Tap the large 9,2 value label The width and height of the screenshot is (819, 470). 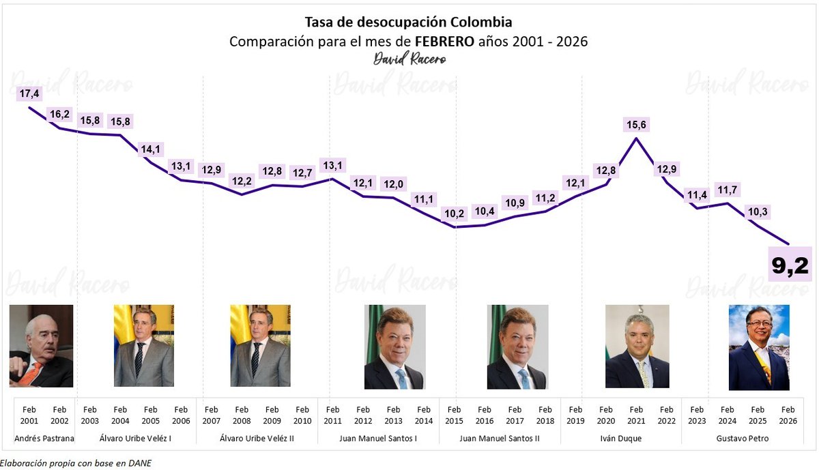790,265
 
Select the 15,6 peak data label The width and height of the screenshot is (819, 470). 636,125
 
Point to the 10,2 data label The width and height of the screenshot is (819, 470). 454,213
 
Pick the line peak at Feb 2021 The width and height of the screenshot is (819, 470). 636,138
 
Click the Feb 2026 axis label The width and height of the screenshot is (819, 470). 788,415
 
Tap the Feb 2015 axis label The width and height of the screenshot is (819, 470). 454,415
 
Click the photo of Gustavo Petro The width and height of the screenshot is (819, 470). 759,347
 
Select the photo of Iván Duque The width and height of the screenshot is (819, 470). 637,347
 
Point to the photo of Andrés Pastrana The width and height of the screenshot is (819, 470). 41,346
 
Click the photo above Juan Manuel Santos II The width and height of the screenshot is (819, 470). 517,347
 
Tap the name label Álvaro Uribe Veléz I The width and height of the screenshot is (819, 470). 135,438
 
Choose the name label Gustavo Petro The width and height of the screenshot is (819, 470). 743,438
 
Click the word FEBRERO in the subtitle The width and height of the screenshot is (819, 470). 444,42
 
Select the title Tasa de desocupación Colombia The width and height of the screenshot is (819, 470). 408,23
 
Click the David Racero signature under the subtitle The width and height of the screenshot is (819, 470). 409,59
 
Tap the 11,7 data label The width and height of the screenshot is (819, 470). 727,189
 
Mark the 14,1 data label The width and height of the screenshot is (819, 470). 150,149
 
